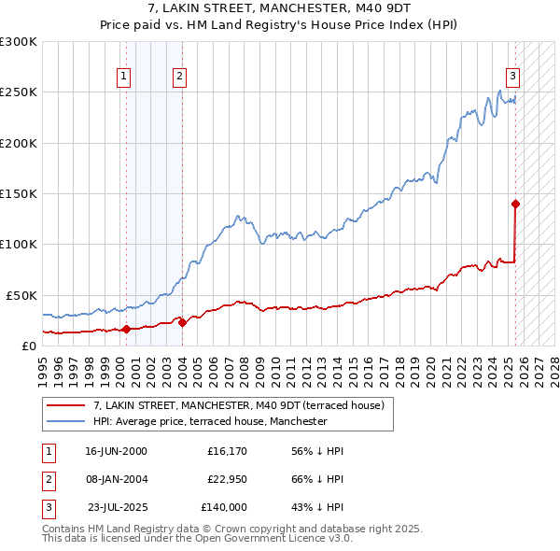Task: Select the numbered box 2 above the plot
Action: click(x=179, y=78)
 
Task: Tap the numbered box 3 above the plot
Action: click(x=512, y=78)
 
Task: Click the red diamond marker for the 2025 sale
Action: click(x=515, y=203)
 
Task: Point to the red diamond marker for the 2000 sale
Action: click(x=126, y=329)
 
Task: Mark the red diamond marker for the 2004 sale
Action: click(x=182, y=322)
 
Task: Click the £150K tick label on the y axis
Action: click(x=19, y=193)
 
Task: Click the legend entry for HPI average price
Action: click(x=210, y=421)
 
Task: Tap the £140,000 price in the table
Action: click(x=224, y=507)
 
